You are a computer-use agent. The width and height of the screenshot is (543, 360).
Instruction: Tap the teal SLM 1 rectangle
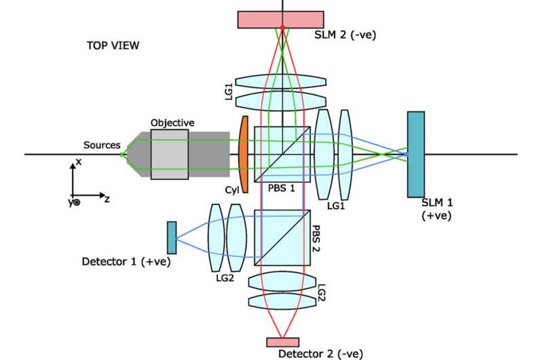point(416,154)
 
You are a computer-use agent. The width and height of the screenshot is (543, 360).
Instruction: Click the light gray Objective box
point(170,154)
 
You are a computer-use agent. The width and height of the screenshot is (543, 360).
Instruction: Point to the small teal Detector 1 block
point(172,233)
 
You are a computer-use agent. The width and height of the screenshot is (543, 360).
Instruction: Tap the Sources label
point(102,145)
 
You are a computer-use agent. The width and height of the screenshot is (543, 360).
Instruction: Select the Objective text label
point(172,122)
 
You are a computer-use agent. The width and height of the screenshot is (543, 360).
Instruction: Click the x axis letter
point(79,163)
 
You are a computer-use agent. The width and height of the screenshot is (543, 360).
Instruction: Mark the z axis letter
point(107,198)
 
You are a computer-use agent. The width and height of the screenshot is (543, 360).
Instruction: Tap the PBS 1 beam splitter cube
point(282,154)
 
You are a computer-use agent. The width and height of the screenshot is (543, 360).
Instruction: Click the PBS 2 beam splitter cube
point(282,237)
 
